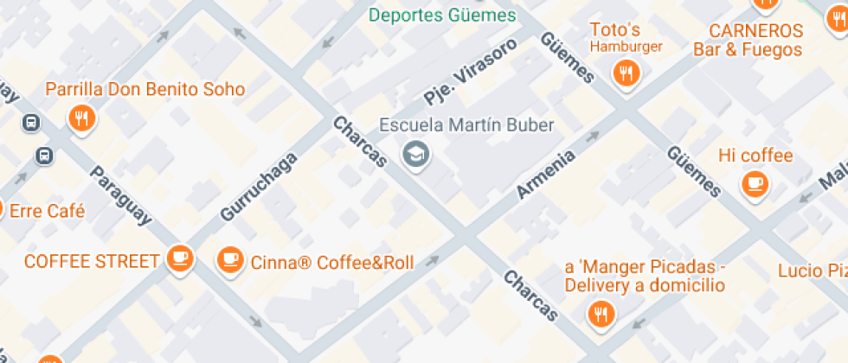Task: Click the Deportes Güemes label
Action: click(442, 16)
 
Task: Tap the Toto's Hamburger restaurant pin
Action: click(625, 73)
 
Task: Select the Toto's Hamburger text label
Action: click(625, 37)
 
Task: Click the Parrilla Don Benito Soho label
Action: click(145, 89)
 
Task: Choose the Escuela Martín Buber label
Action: click(466, 125)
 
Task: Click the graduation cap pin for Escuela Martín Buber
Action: click(417, 155)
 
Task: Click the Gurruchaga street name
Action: click(259, 186)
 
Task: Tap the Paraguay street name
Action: click(121, 195)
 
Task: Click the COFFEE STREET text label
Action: click(92, 261)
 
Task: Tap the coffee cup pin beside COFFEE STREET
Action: click(180, 258)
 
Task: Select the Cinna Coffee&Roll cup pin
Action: click(230, 258)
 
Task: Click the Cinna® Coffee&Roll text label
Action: click(331, 263)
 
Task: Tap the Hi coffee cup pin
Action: click(755, 183)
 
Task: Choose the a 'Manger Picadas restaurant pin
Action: click(600, 314)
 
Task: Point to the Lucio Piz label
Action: click(812, 271)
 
